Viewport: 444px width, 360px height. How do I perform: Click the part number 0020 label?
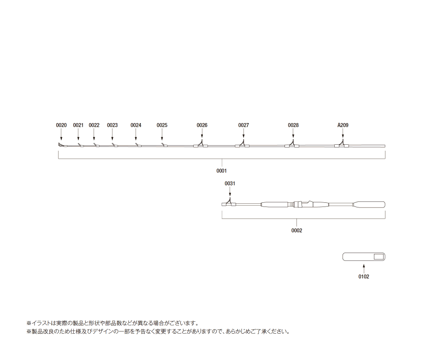coord(61,125)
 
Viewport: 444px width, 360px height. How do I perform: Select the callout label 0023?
coord(112,125)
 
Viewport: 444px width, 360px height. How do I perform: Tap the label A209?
coord(343,125)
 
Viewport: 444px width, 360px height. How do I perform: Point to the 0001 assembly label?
coord(221,171)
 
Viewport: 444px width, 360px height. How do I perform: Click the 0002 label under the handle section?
coord(297,230)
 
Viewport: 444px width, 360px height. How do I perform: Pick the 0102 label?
coord(364,277)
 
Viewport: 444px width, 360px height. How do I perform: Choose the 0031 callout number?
coord(230,183)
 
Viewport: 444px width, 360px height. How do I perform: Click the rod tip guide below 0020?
coord(61,145)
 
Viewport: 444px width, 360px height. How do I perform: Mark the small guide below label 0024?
coord(138,145)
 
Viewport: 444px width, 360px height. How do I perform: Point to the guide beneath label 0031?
coord(229,202)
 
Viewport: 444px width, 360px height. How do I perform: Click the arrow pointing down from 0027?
coord(243,134)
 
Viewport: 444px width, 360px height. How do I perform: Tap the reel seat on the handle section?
coord(303,204)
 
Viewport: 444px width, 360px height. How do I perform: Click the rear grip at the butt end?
coord(369,204)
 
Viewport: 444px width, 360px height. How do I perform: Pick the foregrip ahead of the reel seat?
coord(275,204)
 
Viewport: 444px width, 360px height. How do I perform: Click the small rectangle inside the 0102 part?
coord(379,257)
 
